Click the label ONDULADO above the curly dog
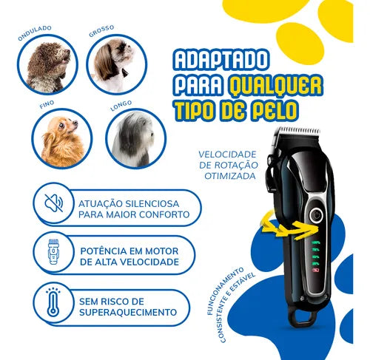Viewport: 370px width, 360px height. click(35, 33)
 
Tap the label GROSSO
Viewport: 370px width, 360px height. click(101, 31)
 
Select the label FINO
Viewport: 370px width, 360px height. click(47, 104)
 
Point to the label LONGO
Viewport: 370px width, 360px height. click(121, 106)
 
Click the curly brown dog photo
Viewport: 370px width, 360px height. click(47, 64)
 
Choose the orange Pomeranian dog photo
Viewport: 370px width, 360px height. click(62, 138)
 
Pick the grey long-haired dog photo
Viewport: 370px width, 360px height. click(136, 139)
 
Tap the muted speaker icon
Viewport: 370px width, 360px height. click(54, 203)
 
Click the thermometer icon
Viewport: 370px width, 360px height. click(53, 302)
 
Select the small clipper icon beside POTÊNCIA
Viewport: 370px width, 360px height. click(53, 251)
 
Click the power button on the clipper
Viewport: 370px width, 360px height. click(316, 216)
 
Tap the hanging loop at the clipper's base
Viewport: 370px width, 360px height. click(303, 317)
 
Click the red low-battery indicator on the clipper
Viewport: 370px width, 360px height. click(316, 270)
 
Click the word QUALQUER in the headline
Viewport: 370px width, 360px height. click(275, 86)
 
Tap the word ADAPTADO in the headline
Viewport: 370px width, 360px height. click(221, 60)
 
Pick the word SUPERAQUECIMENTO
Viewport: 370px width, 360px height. click(128, 312)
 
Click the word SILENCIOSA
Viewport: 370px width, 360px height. click(152, 204)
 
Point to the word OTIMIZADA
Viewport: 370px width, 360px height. click(230, 176)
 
